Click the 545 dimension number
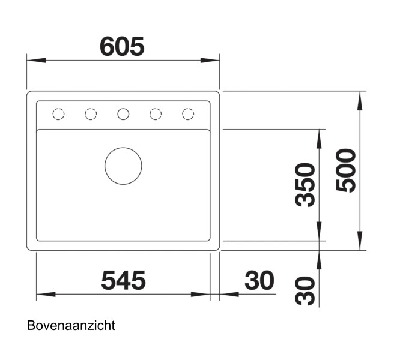pos(123,280)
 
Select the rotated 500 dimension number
pos(347,170)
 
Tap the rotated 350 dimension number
pos(306,184)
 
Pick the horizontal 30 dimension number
pos(259,280)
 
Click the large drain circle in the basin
pos(123,166)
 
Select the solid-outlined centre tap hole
pos(123,113)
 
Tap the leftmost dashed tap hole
pos(58,113)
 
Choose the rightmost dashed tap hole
pos(188,113)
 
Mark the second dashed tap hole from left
pos(91,113)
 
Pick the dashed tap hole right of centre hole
pos(156,113)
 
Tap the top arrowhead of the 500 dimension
pos(360,101)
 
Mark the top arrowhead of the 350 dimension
pos(318,139)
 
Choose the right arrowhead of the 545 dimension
pos(201,295)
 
